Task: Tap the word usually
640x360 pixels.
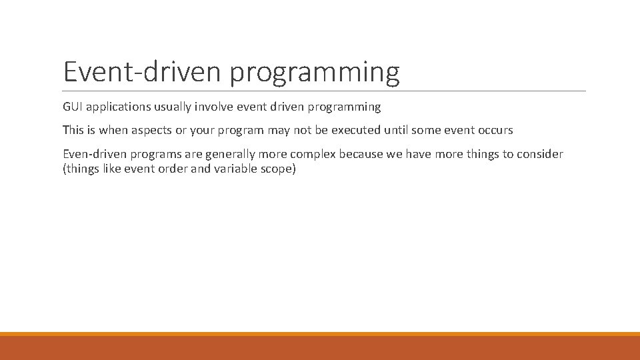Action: (x=175, y=107)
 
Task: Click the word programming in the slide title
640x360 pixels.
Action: (x=315, y=72)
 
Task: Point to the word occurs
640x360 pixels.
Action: (x=494, y=130)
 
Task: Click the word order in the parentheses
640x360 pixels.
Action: (x=170, y=169)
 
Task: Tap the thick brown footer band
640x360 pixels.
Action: (x=320, y=347)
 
